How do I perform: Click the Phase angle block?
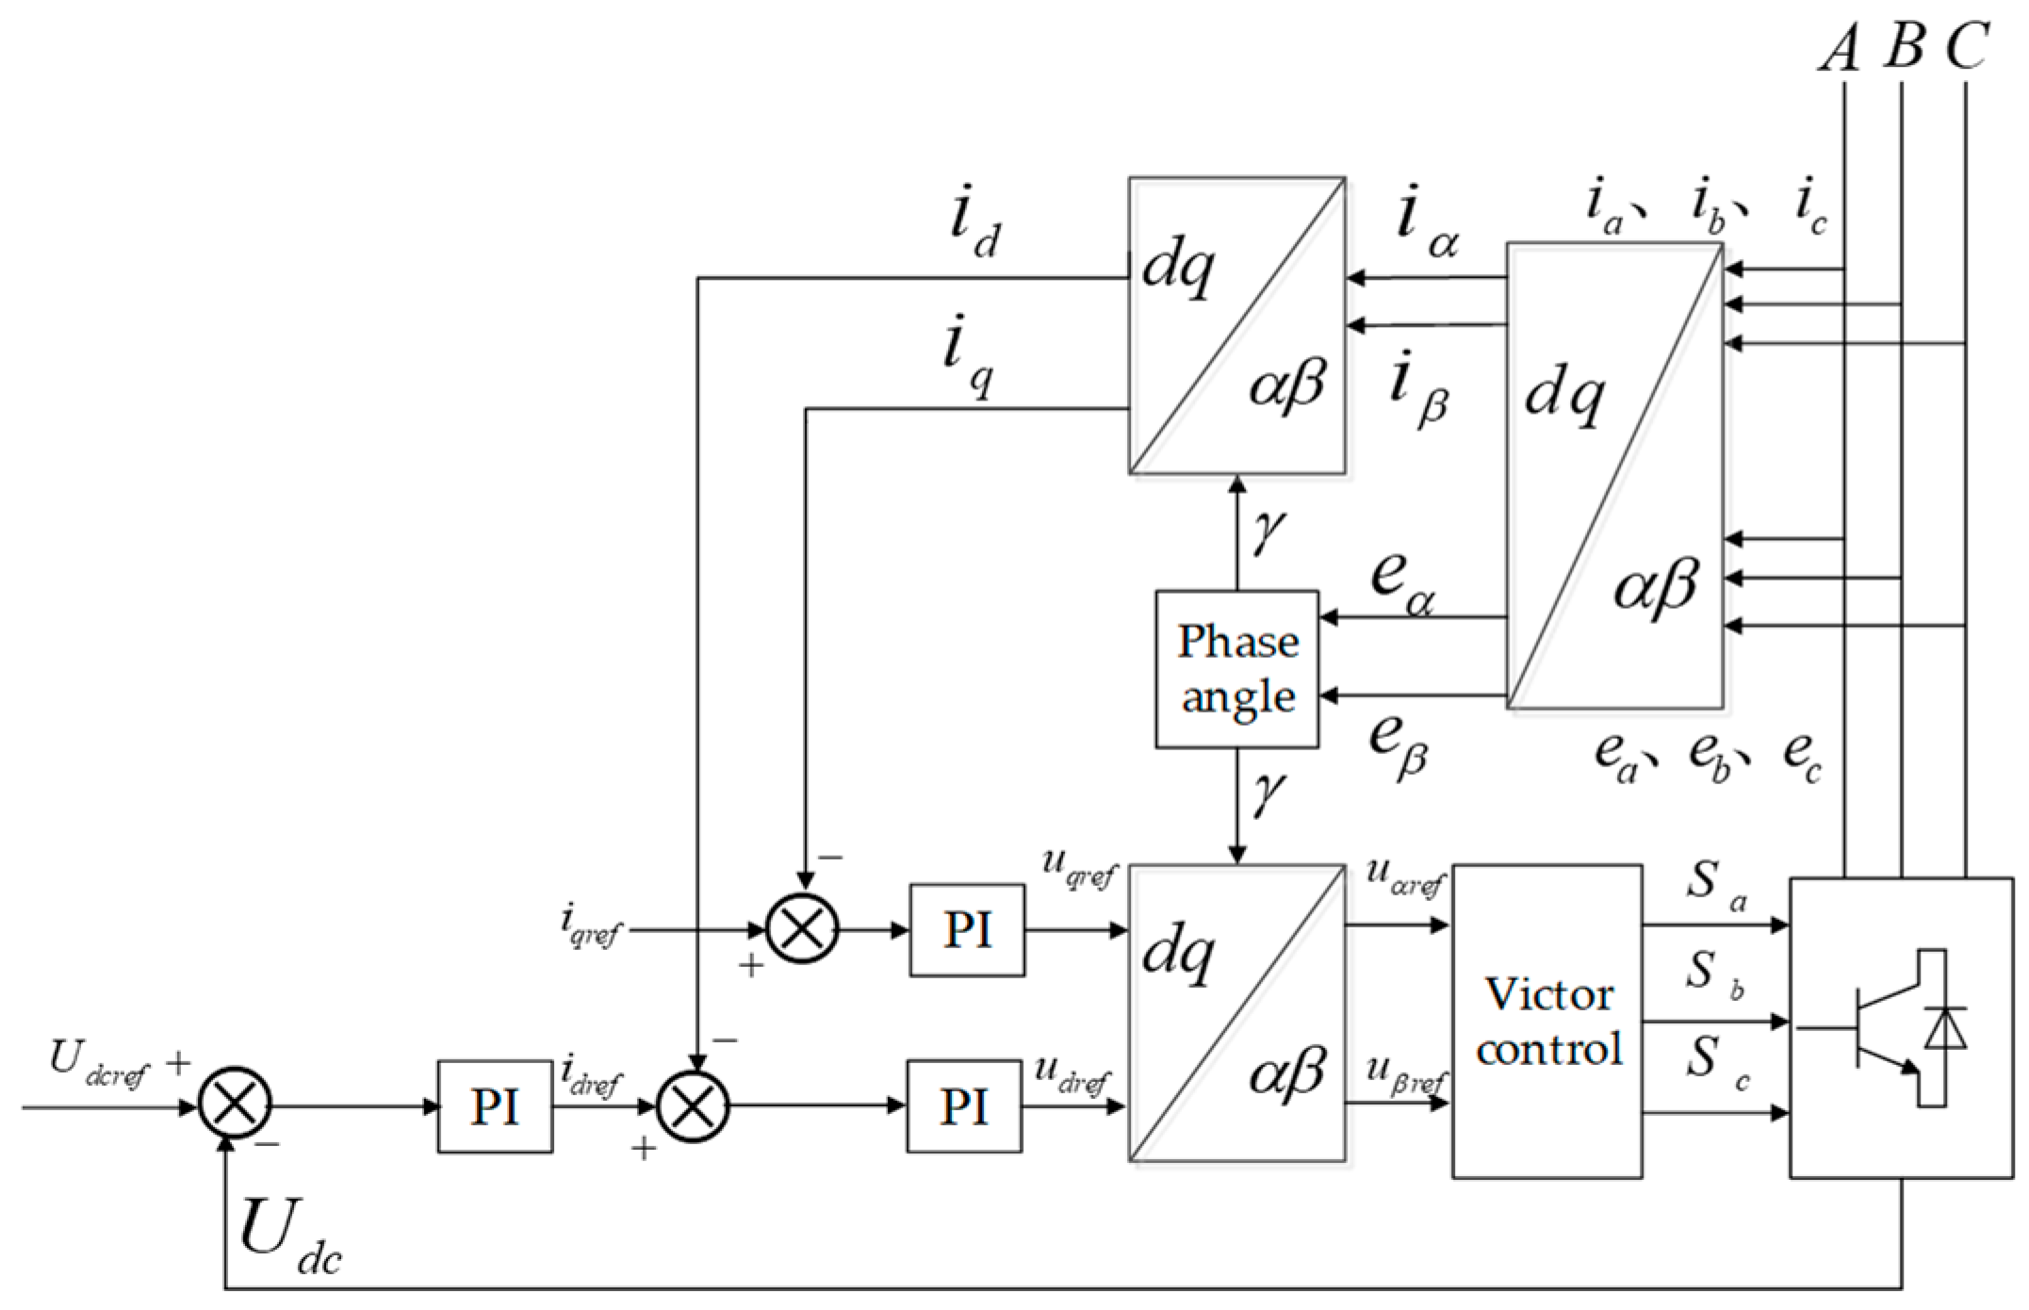(x=1236, y=669)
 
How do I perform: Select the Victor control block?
(x=1546, y=1021)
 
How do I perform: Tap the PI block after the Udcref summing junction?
(x=495, y=1105)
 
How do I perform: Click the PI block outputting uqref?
(x=967, y=930)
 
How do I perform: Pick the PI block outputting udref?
(x=964, y=1105)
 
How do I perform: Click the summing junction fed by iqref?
(x=802, y=929)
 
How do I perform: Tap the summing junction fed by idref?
(x=693, y=1105)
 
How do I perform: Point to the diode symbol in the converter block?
(x=1945, y=1028)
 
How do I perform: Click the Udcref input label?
(x=99, y=1065)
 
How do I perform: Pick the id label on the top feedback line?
(x=974, y=227)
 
